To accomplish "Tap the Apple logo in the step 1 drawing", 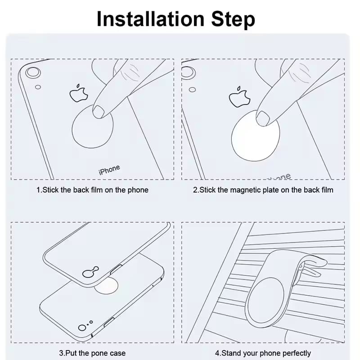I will point(77,93).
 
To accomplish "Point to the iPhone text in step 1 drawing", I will point(109,170).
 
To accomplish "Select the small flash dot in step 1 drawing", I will point(38,87).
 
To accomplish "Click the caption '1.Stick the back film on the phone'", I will point(92,190).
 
